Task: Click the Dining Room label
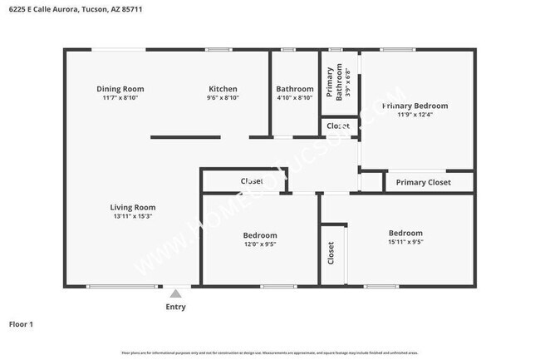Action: [120, 89]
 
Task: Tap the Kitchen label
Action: [223, 89]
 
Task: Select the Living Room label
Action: [133, 208]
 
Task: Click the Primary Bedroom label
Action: [415, 106]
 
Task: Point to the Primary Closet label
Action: [423, 182]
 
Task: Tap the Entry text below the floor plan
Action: [175, 307]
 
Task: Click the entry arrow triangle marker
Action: [174, 293]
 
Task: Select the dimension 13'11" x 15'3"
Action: [133, 217]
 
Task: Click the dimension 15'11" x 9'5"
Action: [405, 243]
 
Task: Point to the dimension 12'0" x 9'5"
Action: [259, 244]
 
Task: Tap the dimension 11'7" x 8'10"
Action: [120, 98]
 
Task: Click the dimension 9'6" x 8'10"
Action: [223, 98]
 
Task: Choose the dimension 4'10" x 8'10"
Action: [295, 98]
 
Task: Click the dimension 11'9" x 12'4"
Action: [415, 115]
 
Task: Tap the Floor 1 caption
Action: [21, 323]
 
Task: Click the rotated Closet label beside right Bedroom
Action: [331, 253]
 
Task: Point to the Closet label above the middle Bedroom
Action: [252, 181]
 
